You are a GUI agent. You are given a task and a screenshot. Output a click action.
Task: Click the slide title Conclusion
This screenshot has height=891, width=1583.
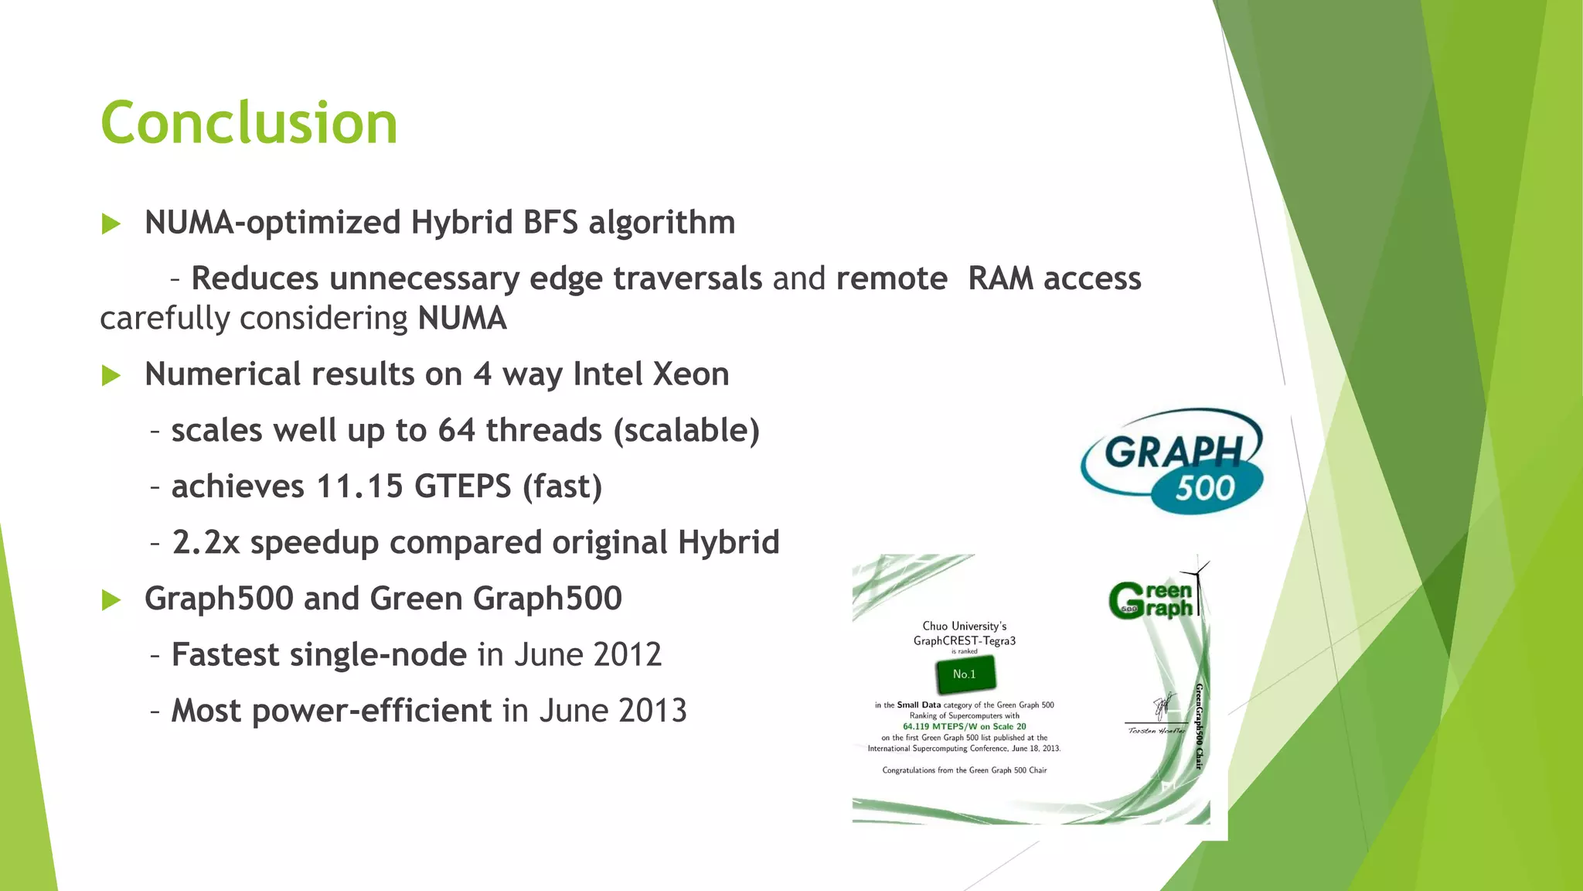(249, 124)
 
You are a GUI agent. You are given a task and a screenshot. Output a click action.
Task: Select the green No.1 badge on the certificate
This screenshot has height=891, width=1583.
(964, 674)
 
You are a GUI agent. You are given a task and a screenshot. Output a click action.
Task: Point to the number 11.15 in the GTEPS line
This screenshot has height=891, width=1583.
(359, 486)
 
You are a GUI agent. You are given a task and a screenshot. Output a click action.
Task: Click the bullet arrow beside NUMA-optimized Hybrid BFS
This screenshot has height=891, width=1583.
(111, 225)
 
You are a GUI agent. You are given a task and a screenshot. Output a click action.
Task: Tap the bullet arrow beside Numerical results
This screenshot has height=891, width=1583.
(111, 377)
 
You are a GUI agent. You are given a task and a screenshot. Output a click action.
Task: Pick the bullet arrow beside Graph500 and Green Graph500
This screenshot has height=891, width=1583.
(111, 600)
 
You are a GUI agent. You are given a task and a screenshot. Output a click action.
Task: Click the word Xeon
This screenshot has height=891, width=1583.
(690, 374)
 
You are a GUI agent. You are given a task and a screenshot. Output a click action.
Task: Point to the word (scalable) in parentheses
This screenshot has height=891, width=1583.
(686, 431)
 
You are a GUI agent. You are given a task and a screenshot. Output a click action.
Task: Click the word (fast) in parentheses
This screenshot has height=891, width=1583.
(562, 486)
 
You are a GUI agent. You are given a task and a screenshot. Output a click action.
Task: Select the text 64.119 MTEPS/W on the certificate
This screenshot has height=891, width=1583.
(964, 726)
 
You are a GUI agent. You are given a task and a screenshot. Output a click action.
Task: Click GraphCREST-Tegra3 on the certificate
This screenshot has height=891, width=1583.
(964, 640)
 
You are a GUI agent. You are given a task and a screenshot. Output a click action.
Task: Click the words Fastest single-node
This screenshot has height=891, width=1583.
(318, 655)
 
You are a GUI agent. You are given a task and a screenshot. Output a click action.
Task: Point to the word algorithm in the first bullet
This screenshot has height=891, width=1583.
(661, 224)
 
